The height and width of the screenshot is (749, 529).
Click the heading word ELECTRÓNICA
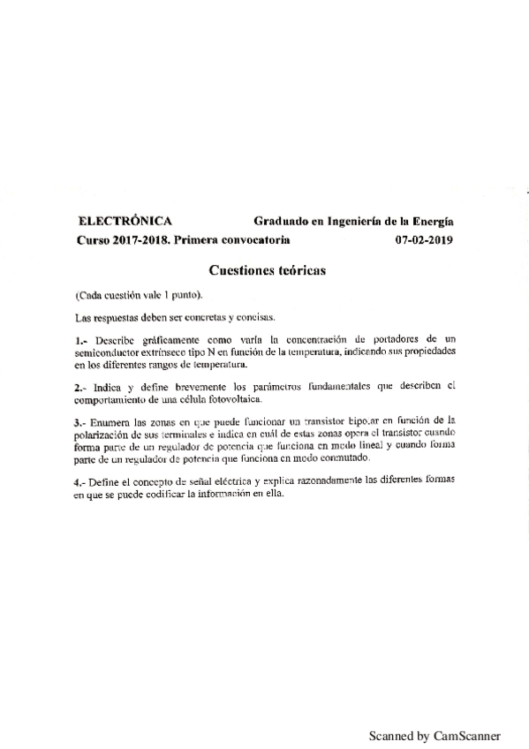(x=125, y=222)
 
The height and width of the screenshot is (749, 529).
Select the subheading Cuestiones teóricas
(x=268, y=270)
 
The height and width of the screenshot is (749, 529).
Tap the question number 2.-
(x=80, y=385)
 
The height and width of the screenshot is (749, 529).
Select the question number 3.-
(x=81, y=421)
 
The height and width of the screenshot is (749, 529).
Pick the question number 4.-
(x=81, y=480)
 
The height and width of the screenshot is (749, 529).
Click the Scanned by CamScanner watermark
(x=435, y=735)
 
